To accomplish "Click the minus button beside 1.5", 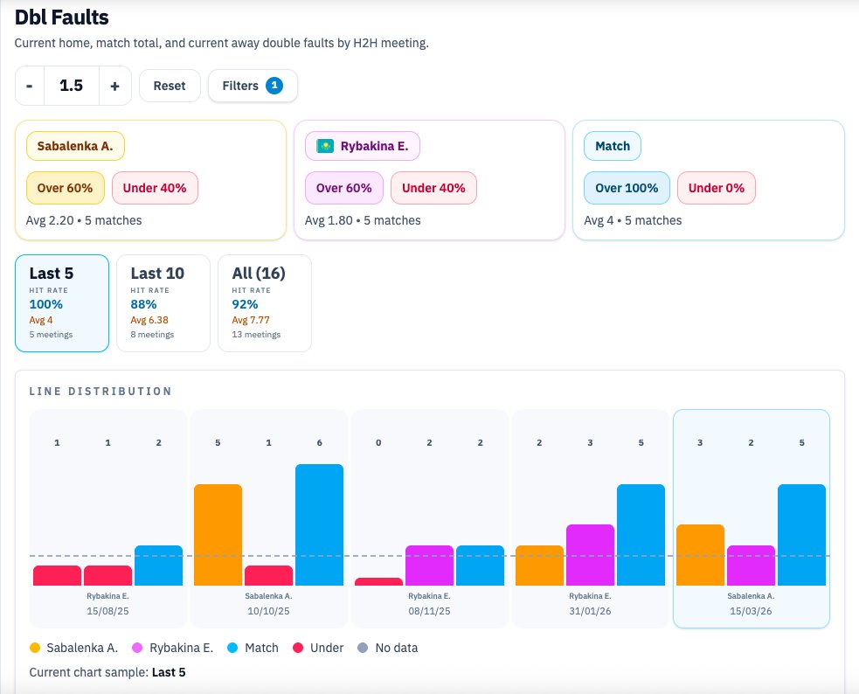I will (30, 86).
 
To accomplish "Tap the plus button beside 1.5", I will (114, 86).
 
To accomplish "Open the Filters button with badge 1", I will (253, 86).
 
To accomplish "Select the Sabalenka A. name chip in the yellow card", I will (75, 146).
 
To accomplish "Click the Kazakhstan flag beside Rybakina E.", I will (325, 146).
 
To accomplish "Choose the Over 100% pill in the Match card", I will (627, 188).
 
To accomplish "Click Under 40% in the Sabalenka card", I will (155, 188).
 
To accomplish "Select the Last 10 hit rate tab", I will (163, 302).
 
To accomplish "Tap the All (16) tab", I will (264, 302).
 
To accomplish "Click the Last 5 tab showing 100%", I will (61, 302).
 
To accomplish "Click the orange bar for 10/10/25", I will (218, 534).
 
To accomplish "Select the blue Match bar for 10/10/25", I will (319, 524).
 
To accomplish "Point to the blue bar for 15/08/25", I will (158, 565).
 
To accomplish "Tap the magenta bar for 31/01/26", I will (590, 554).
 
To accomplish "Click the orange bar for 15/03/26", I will (700, 554).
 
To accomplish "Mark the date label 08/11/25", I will (430, 611).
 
